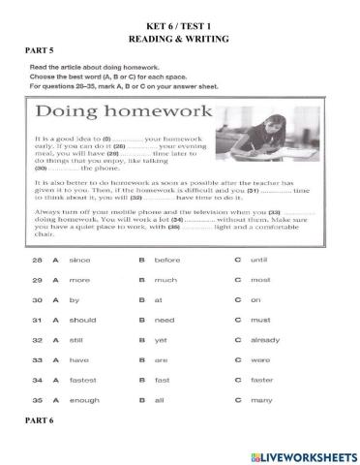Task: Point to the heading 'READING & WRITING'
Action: [179, 32]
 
